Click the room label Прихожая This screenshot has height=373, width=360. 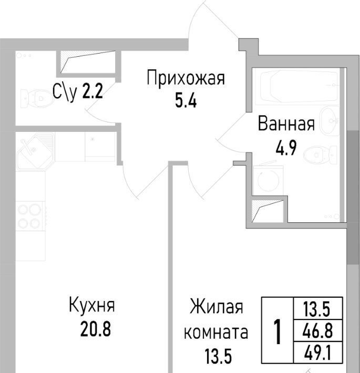click(x=186, y=78)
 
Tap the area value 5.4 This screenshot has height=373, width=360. click(x=186, y=101)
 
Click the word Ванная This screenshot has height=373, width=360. click(x=286, y=123)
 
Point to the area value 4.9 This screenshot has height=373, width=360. click(x=286, y=148)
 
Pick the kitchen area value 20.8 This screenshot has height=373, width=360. click(x=96, y=328)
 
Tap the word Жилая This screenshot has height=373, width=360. click(x=217, y=307)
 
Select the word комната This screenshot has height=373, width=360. click(x=216, y=333)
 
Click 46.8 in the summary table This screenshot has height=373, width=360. click(x=317, y=330)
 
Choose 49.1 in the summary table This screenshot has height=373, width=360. click(x=317, y=353)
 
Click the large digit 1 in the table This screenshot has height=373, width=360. click(x=277, y=332)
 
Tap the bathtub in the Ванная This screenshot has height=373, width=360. click(x=299, y=87)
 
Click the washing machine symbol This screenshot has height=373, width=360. click(x=268, y=180)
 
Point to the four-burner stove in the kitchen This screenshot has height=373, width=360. click(x=30, y=216)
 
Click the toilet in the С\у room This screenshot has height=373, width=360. click(x=36, y=98)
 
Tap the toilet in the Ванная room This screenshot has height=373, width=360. click(x=320, y=154)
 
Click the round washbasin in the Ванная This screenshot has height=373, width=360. click(x=329, y=121)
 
